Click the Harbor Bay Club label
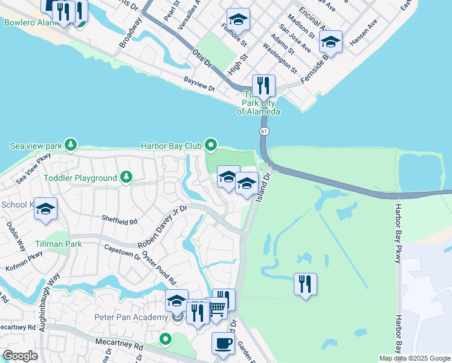(x=171, y=145)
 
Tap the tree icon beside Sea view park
(x=71, y=145)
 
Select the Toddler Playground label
(x=80, y=178)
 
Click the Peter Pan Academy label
(x=131, y=318)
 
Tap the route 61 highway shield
(x=264, y=131)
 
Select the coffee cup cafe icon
(x=222, y=343)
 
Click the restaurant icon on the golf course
(x=305, y=283)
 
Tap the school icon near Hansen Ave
(x=331, y=41)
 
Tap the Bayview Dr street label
(x=199, y=87)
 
